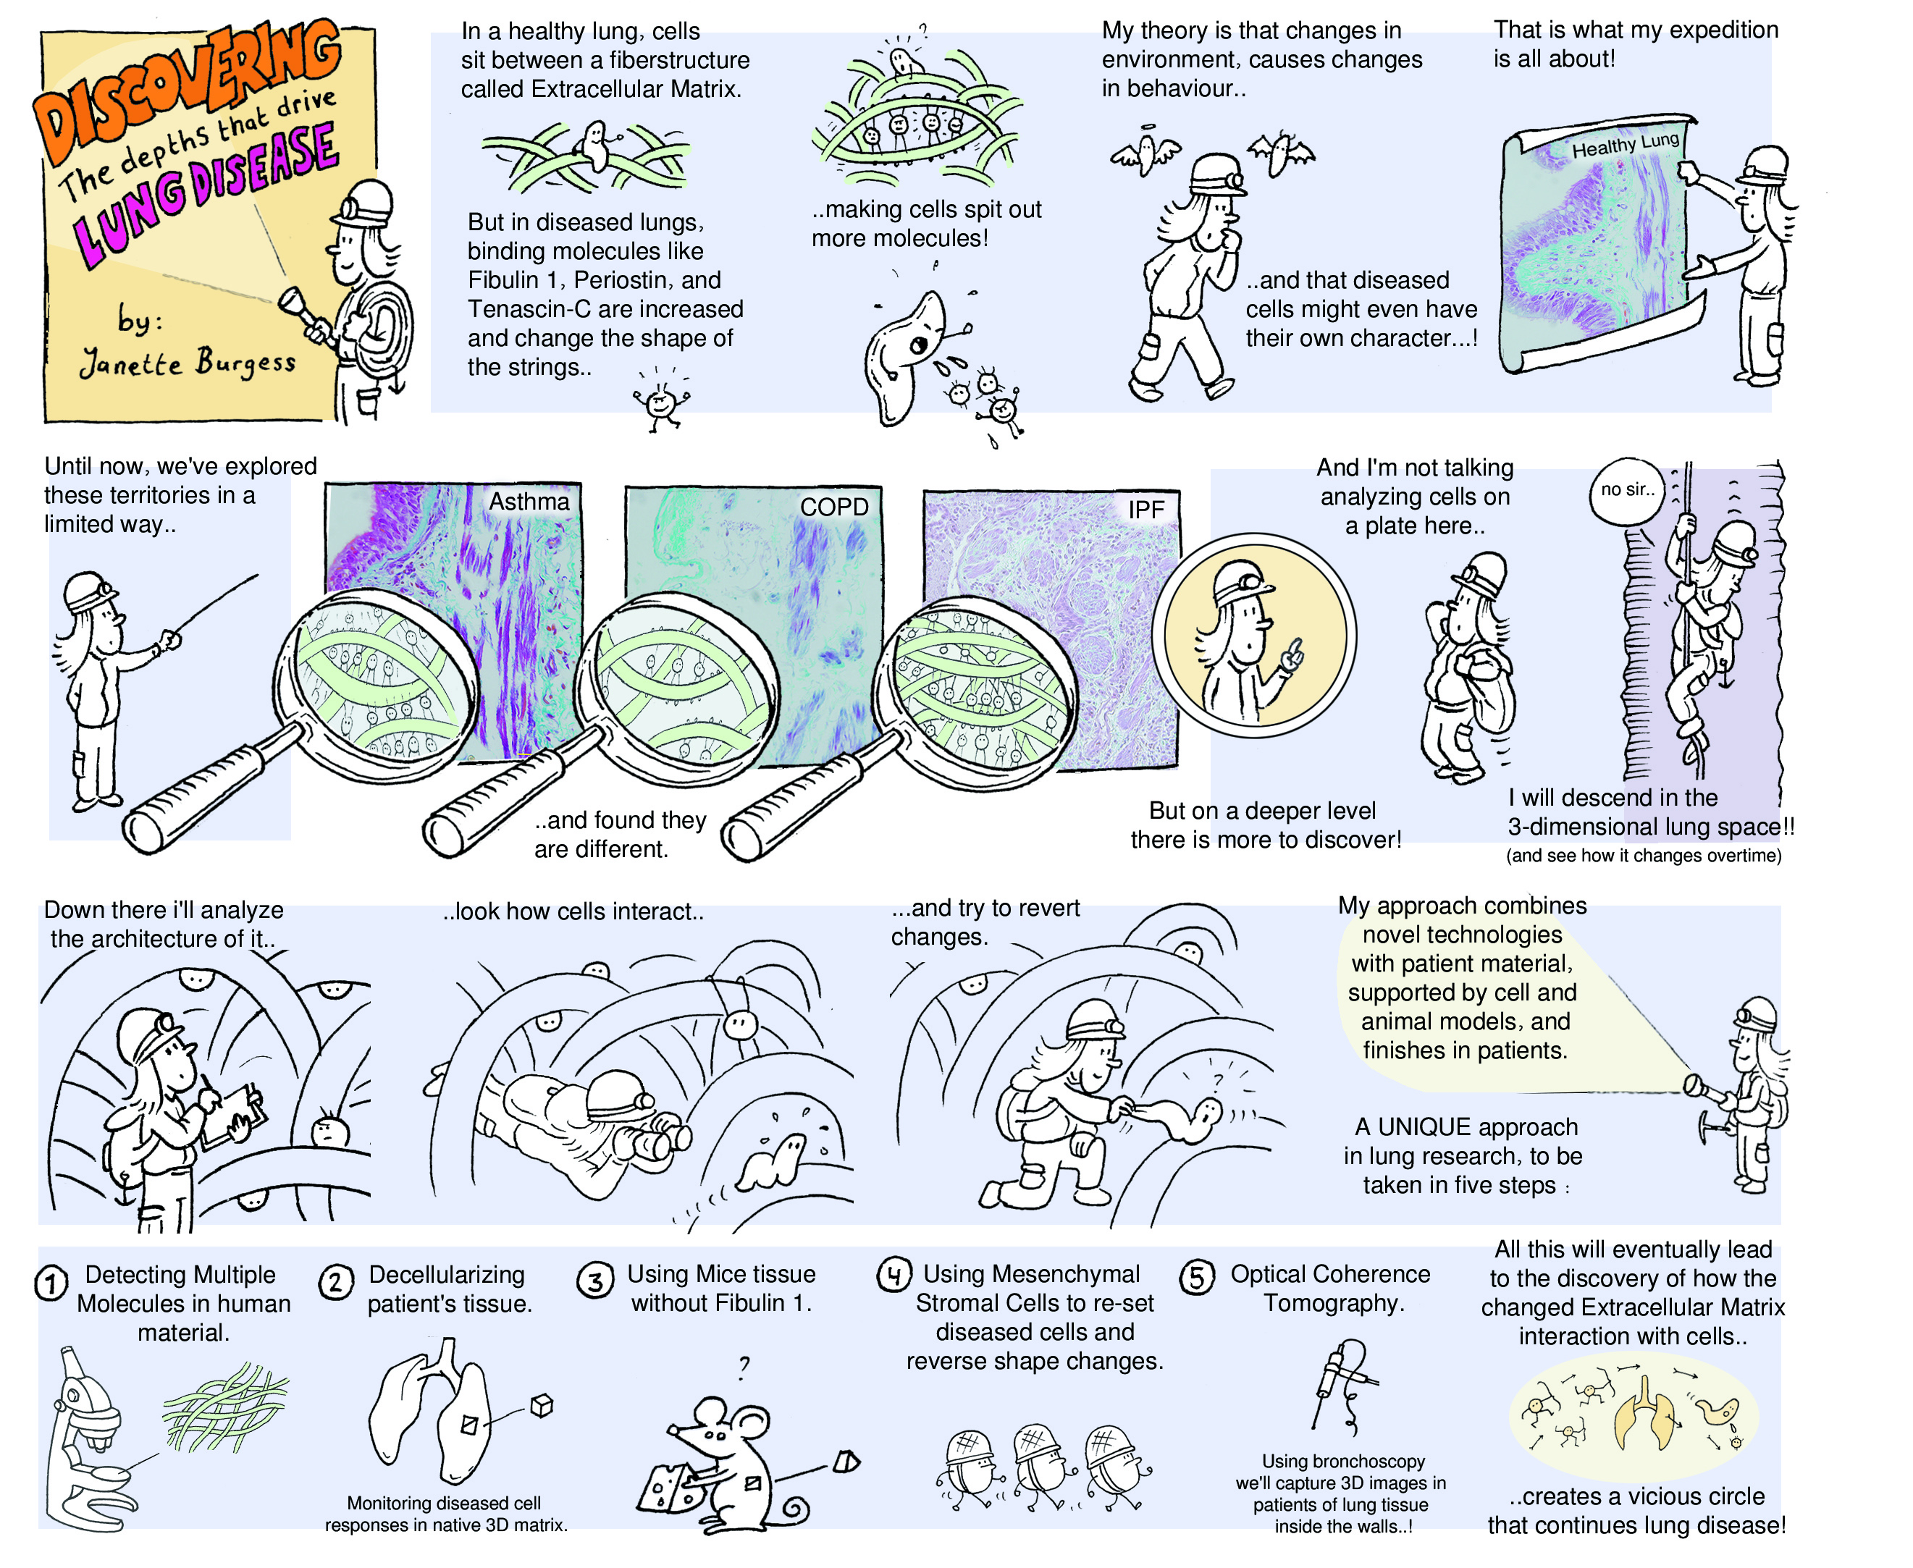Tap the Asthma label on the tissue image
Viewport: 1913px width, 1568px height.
click(529, 502)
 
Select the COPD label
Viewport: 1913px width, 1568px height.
click(833, 507)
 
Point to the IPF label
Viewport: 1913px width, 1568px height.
click(1145, 510)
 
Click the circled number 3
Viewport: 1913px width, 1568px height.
click(595, 1281)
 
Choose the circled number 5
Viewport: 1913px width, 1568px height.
click(1196, 1277)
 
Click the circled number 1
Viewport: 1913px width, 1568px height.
click(51, 1284)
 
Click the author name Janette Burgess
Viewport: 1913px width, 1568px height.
click(187, 363)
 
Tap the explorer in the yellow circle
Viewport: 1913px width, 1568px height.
click(1251, 637)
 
